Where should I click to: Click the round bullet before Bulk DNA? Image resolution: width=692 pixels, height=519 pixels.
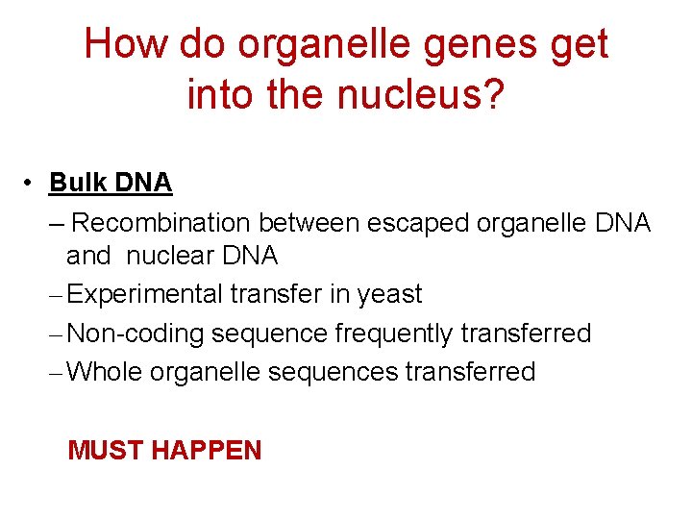[x=32, y=183]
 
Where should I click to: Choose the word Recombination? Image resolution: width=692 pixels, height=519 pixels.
[x=160, y=223]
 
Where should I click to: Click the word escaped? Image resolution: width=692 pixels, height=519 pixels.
[x=419, y=223]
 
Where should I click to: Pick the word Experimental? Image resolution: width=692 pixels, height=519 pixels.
[x=147, y=294]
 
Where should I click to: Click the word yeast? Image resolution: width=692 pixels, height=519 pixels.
[x=389, y=295]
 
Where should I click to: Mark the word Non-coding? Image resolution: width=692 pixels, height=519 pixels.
[x=136, y=334]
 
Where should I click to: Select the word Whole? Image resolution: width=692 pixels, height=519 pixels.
[x=106, y=372]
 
